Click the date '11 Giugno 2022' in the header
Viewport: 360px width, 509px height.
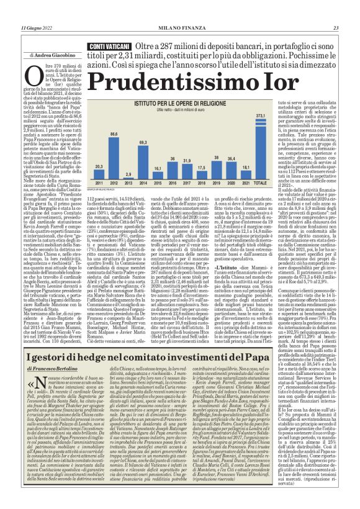pyautogui.click(x=37, y=28)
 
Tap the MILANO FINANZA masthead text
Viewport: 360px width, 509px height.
pyautogui.click(x=179, y=28)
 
